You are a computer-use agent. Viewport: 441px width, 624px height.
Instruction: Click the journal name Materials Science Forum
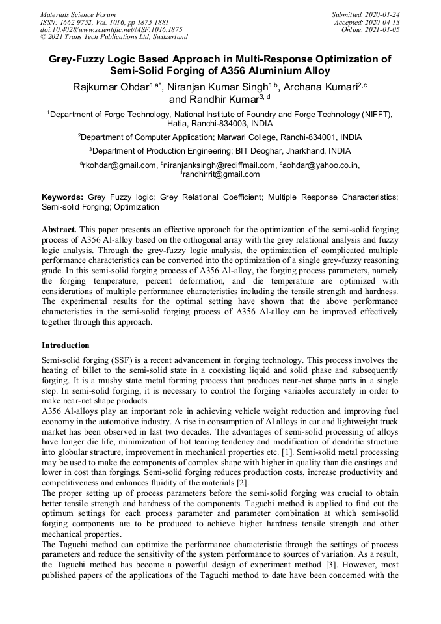[78, 14]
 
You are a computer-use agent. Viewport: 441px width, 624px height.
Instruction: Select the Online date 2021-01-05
[387, 29]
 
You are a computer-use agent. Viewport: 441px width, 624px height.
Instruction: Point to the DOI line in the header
[111, 29]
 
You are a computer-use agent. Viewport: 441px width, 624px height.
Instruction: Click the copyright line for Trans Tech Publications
[114, 37]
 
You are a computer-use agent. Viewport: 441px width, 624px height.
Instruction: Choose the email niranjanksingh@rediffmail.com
[220, 165]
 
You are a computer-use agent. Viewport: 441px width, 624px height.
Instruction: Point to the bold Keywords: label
[62, 196]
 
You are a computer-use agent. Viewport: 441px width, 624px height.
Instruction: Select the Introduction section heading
[66, 345]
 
